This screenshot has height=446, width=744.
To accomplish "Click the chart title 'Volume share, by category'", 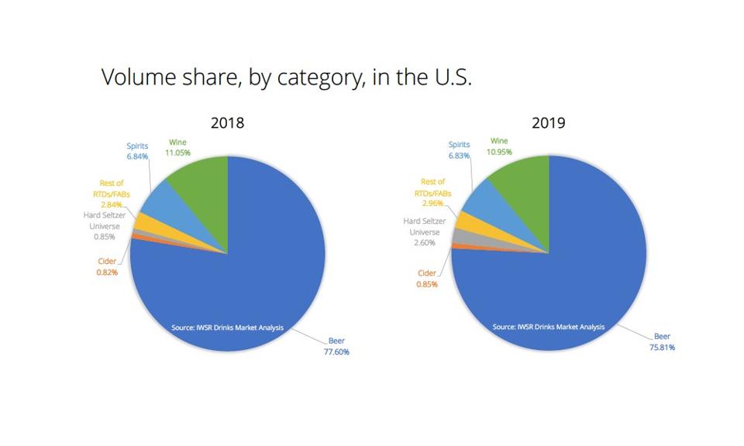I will pos(286,78).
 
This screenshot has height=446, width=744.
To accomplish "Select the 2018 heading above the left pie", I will pos(227,123).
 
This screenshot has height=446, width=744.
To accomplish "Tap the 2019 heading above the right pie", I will pos(548,123).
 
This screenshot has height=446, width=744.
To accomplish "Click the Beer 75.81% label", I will pos(663,341).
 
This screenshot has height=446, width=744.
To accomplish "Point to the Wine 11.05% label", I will pos(179,148).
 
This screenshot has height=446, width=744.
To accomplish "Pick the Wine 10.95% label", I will pos(499,146).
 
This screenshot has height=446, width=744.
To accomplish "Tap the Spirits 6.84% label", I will pos(137,151).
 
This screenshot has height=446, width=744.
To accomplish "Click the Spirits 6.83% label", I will pos(459,150).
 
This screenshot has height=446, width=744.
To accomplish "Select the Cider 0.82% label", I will pos(107,267).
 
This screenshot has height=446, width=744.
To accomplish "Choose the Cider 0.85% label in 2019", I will pos(427,279).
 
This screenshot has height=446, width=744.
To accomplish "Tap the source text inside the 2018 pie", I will pos(227,328).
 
